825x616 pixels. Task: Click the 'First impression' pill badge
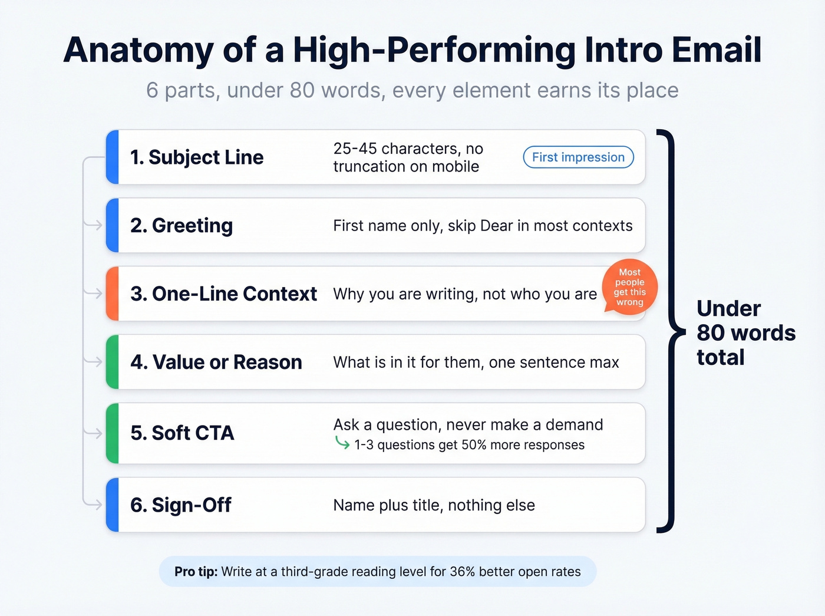point(578,157)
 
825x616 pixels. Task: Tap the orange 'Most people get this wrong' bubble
point(630,287)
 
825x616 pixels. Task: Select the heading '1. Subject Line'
point(197,157)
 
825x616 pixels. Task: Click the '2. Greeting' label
point(181,225)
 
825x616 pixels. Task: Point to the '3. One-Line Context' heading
point(223,294)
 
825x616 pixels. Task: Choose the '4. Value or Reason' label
point(216,362)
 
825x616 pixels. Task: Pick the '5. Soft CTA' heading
point(182,433)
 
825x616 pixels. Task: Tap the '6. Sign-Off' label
point(180,505)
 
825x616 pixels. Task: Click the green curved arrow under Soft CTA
point(342,443)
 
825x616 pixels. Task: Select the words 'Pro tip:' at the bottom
point(196,572)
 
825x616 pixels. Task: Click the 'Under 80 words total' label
point(745,333)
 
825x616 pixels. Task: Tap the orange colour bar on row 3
point(113,294)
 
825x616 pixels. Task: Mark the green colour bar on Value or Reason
point(113,362)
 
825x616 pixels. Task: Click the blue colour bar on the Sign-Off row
point(113,505)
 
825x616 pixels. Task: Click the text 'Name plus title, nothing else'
point(434,505)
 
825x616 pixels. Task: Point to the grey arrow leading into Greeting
point(94,225)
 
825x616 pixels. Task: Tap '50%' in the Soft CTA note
point(474,445)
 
